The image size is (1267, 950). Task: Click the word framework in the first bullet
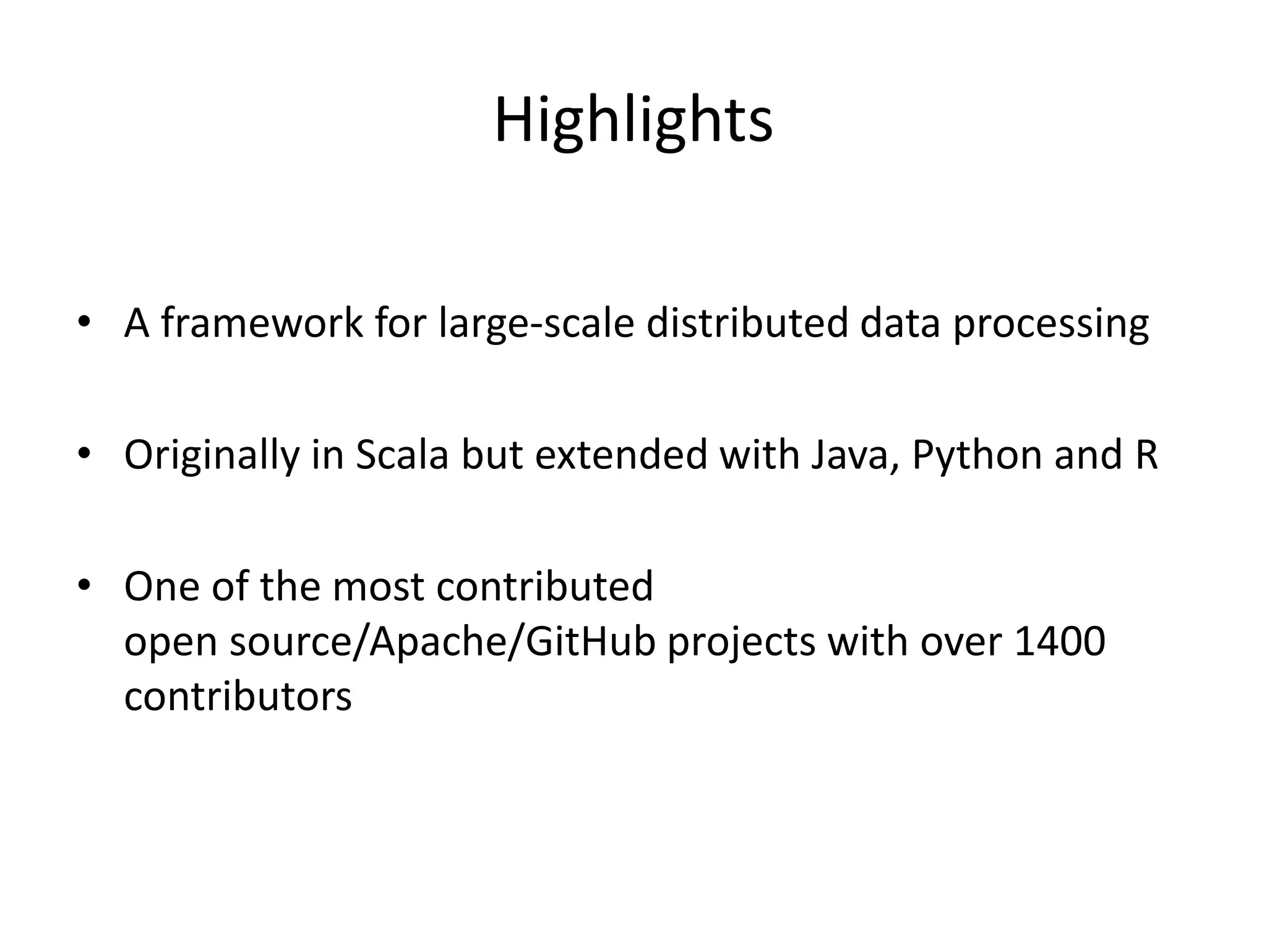pyautogui.click(x=262, y=323)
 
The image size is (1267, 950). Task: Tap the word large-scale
pyautogui.click(x=536, y=323)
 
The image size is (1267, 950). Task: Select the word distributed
pyautogui.click(x=747, y=323)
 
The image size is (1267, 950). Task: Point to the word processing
pyautogui.click(x=1050, y=324)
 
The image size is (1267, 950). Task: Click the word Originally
pyautogui.click(x=211, y=455)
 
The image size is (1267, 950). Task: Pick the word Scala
pyautogui.click(x=402, y=455)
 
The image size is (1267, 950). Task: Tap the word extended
pyautogui.click(x=621, y=455)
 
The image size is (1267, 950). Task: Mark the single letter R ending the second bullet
pyautogui.click(x=1146, y=455)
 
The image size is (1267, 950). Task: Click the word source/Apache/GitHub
pyautogui.click(x=442, y=641)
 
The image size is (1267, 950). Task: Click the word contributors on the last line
pyautogui.click(x=238, y=696)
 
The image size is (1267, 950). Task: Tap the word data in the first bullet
pyautogui.click(x=900, y=323)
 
